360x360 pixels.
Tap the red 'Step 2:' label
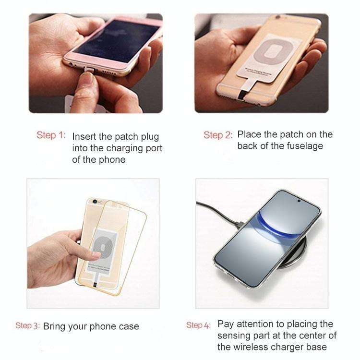(x=218, y=135)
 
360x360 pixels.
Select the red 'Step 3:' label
(x=27, y=326)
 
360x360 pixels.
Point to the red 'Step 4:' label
(x=198, y=325)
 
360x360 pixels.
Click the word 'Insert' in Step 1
(x=84, y=137)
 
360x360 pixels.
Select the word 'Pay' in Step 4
(x=226, y=324)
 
